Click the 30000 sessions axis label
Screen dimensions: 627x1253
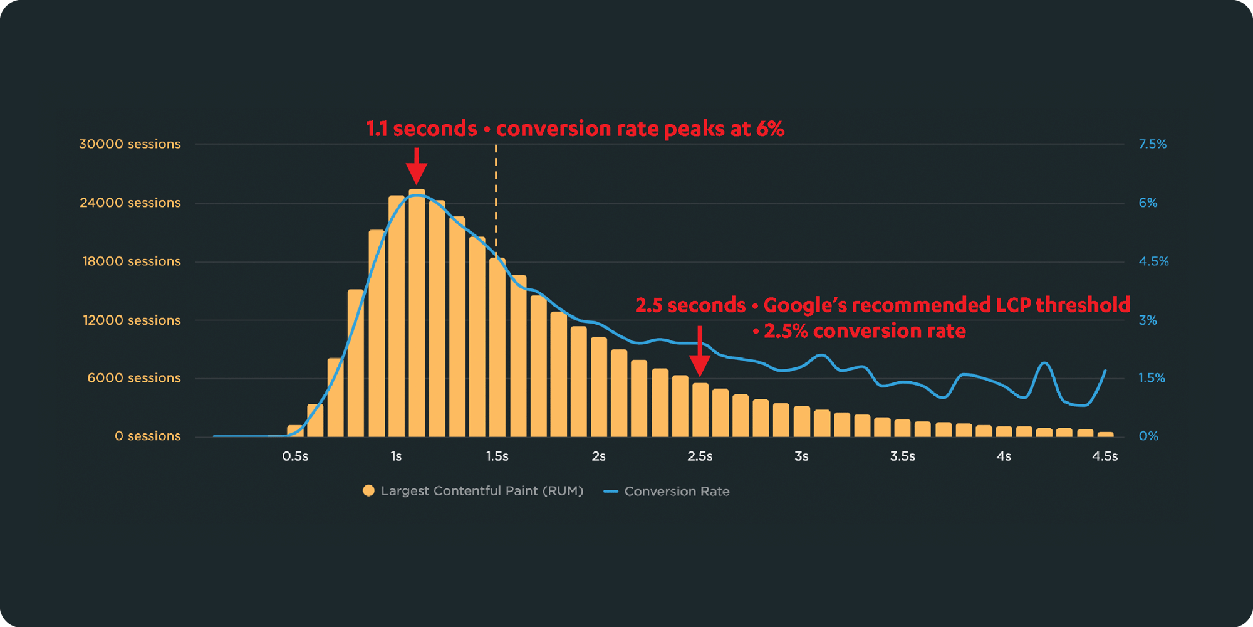pyautogui.click(x=130, y=144)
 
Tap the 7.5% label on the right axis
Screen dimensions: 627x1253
pyautogui.click(x=1152, y=144)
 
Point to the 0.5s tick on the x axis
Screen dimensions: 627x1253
pyautogui.click(x=295, y=456)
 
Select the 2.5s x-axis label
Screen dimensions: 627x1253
pyautogui.click(x=700, y=456)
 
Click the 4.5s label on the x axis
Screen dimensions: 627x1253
pyautogui.click(x=1105, y=456)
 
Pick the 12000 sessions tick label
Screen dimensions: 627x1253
pyautogui.click(x=132, y=320)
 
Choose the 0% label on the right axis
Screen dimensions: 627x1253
pyautogui.click(x=1148, y=436)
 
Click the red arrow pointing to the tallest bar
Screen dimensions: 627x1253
pyautogui.click(x=417, y=166)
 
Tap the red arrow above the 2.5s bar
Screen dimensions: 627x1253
pyautogui.click(x=700, y=352)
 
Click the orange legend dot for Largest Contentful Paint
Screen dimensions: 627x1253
pyautogui.click(x=368, y=491)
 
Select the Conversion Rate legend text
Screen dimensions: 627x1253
pyautogui.click(x=677, y=492)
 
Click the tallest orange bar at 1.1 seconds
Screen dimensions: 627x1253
pyautogui.click(x=417, y=313)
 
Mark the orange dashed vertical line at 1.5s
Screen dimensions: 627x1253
pyautogui.click(x=496, y=201)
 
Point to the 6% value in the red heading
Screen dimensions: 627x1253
pyautogui.click(x=770, y=129)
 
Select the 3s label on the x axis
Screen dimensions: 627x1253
pyautogui.click(x=801, y=456)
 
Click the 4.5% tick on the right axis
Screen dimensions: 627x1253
pyautogui.click(x=1153, y=261)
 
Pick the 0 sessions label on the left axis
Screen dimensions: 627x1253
pyautogui.click(x=147, y=436)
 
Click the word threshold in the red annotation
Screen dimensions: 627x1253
pyautogui.click(x=1083, y=305)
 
